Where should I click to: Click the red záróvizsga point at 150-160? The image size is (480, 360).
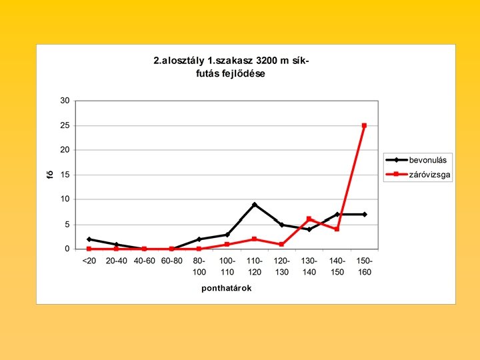click(364, 125)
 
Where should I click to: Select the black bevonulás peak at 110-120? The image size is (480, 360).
click(255, 205)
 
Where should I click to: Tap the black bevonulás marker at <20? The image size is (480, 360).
click(89, 239)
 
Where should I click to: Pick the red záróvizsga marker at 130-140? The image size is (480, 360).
click(309, 219)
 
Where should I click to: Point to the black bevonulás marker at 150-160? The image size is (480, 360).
click(365, 214)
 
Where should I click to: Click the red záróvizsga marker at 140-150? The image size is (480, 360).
click(337, 229)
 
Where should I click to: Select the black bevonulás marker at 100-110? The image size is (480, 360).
click(227, 235)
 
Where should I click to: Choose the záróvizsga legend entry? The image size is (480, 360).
click(418, 175)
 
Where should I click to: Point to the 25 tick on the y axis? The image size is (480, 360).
click(65, 125)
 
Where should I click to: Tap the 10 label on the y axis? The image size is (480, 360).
click(65, 199)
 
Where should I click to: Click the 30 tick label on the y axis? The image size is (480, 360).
click(65, 101)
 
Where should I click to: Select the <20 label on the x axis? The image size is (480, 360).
click(89, 261)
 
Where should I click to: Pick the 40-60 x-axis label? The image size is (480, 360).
click(145, 261)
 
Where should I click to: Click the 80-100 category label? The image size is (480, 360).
click(199, 267)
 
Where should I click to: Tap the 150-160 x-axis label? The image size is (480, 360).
click(365, 267)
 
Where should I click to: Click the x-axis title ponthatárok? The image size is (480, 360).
click(227, 289)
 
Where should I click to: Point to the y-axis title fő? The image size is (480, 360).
click(50, 175)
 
